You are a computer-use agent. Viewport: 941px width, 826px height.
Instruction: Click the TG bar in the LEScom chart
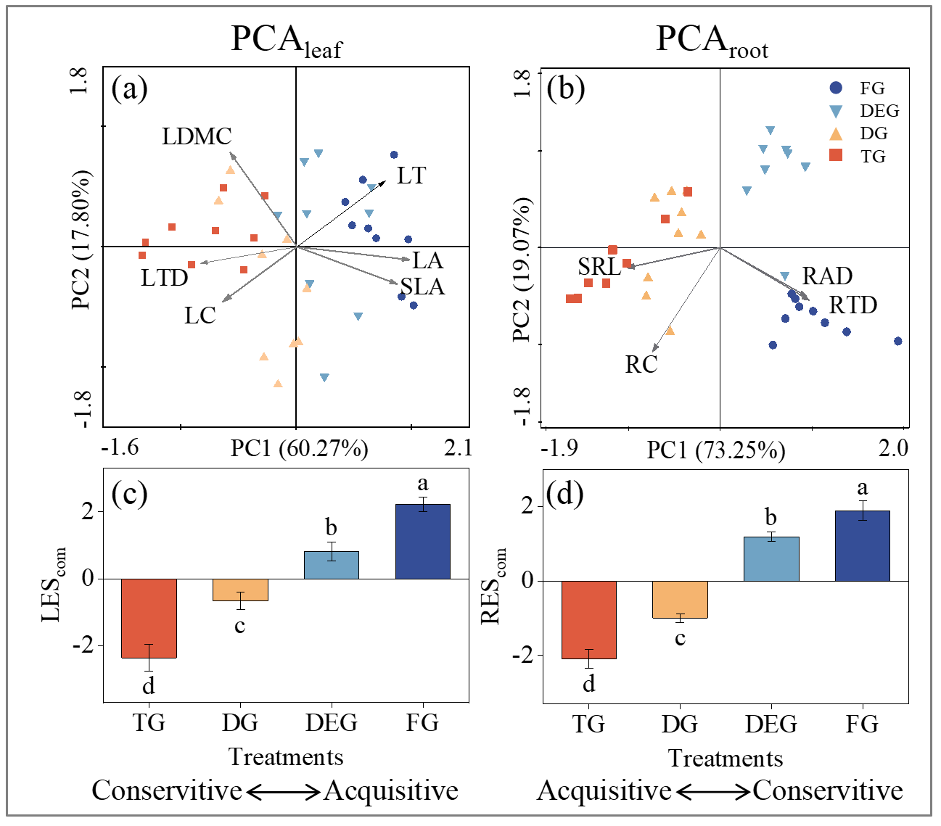click(149, 618)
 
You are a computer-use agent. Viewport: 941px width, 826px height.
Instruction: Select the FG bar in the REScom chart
click(863, 545)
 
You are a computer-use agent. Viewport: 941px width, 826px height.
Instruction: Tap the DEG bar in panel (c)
click(331, 565)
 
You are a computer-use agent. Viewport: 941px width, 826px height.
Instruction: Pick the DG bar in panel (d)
click(680, 599)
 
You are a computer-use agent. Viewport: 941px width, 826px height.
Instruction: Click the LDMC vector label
click(197, 136)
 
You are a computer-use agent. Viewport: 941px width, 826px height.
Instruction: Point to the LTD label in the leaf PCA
click(164, 278)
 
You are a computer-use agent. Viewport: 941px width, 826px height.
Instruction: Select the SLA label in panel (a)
click(422, 287)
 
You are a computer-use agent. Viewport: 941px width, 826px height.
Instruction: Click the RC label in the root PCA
click(641, 364)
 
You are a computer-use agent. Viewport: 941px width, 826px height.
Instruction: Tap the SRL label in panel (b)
click(599, 267)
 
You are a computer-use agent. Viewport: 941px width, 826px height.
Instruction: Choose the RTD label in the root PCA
click(853, 305)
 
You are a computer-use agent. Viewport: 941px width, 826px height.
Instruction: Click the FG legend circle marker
click(836, 88)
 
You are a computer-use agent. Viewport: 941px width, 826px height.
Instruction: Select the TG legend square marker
click(836, 155)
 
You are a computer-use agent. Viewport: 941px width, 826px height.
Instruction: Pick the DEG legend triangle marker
click(836, 111)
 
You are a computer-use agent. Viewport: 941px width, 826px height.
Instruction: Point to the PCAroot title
click(711, 40)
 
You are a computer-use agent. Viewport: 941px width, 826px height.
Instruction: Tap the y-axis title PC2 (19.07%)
click(522, 268)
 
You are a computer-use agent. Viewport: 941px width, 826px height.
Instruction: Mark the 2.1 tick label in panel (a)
click(458, 447)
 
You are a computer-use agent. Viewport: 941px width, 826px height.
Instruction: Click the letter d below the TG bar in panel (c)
click(149, 686)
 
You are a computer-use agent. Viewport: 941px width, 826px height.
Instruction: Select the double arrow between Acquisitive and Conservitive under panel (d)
click(712, 792)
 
